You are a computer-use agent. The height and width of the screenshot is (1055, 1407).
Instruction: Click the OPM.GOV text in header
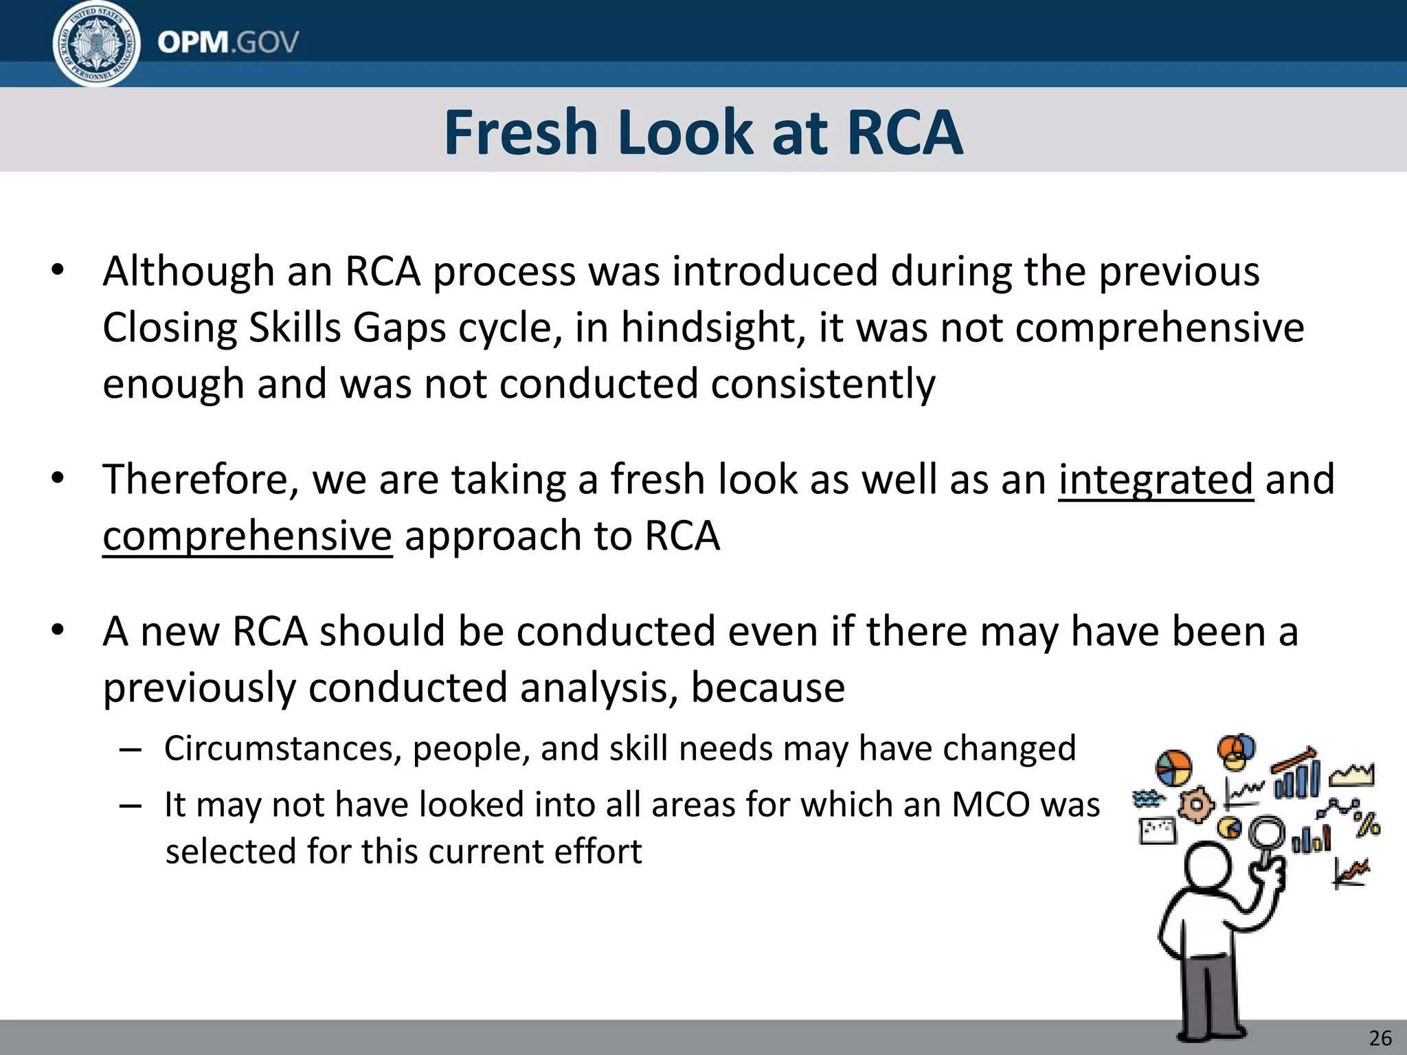pyautogui.click(x=227, y=43)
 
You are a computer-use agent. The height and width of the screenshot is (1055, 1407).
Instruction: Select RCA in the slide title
pyautogui.click(x=904, y=133)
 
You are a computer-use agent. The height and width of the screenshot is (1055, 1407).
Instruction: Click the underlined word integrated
pyautogui.click(x=1156, y=479)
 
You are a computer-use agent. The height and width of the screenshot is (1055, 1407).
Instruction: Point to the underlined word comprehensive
pyautogui.click(x=247, y=536)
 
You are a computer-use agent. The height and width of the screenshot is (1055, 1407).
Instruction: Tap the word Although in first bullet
pyautogui.click(x=188, y=271)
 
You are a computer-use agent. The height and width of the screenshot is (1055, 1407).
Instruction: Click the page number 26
pyautogui.click(x=1380, y=1037)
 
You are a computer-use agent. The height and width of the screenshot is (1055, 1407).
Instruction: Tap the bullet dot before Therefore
pyautogui.click(x=58, y=479)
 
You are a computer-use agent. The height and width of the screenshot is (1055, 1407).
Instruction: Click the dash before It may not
pyautogui.click(x=130, y=805)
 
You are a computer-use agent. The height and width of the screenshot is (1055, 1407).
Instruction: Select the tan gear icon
pyautogui.click(x=1196, y=804)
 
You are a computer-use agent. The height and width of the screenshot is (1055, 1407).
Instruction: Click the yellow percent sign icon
pyautogui.click(x=1368, y=824)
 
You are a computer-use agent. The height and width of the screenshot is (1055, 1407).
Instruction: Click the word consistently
pyautogui.click(x=822, y=384)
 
